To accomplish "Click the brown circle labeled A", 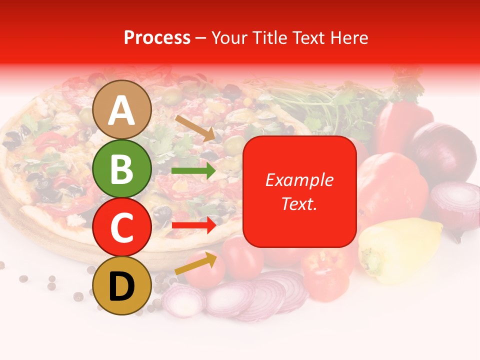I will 121,110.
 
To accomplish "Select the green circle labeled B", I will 121,169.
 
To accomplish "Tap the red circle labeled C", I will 121,227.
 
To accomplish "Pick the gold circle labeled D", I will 121,286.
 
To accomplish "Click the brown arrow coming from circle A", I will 195,128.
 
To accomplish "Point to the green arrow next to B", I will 193,171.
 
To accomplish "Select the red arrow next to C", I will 193,225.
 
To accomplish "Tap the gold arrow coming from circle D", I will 195,264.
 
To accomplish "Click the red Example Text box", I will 299,191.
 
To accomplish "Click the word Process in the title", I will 157,37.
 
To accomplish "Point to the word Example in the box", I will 299,180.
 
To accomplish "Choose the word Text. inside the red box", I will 299,204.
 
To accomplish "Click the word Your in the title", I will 227,37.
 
